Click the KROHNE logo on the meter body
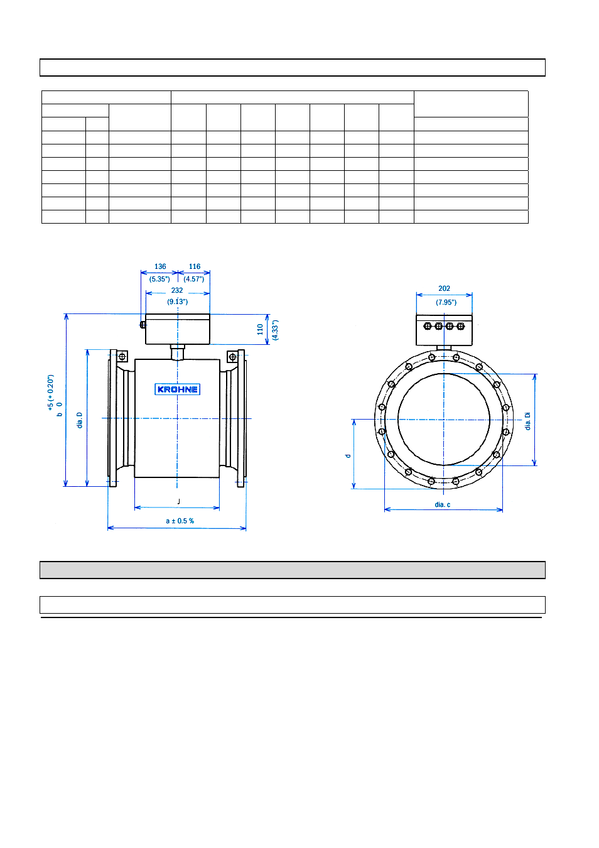177,389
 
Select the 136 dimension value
160,266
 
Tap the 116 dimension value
195,266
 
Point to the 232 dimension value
176,290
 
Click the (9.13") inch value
177,302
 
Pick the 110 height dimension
260,329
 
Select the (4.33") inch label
275,330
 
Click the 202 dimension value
445,288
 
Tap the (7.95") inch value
446,302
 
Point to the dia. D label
80,420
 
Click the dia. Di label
528,421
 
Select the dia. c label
443,504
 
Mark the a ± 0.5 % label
180,521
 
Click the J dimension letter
178,502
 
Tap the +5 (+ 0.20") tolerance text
51,392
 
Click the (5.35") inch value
159,279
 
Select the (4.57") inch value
194,279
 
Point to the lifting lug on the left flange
122,356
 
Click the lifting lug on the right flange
232,357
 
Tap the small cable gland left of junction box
143,325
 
